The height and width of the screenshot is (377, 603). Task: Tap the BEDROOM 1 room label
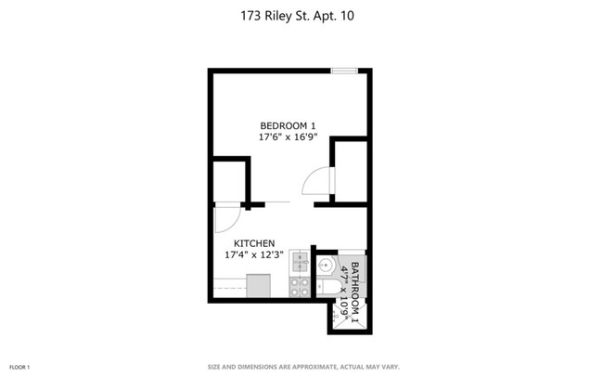[289, 125]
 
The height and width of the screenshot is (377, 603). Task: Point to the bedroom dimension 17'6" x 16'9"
[289, 137]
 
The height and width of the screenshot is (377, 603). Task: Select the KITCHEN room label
[253, 242]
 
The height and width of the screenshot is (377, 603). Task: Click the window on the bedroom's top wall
[345, 71]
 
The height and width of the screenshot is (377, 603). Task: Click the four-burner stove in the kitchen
[300, 287]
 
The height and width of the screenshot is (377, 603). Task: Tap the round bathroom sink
[325, 267]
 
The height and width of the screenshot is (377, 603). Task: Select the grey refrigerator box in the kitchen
[258, 286]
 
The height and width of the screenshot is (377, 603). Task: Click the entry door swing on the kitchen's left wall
[225, 219]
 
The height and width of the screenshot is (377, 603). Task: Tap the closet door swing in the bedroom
[317, 181]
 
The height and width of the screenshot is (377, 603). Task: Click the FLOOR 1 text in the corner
[20, 367]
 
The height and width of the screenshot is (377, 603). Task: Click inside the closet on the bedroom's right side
[351, 171]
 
